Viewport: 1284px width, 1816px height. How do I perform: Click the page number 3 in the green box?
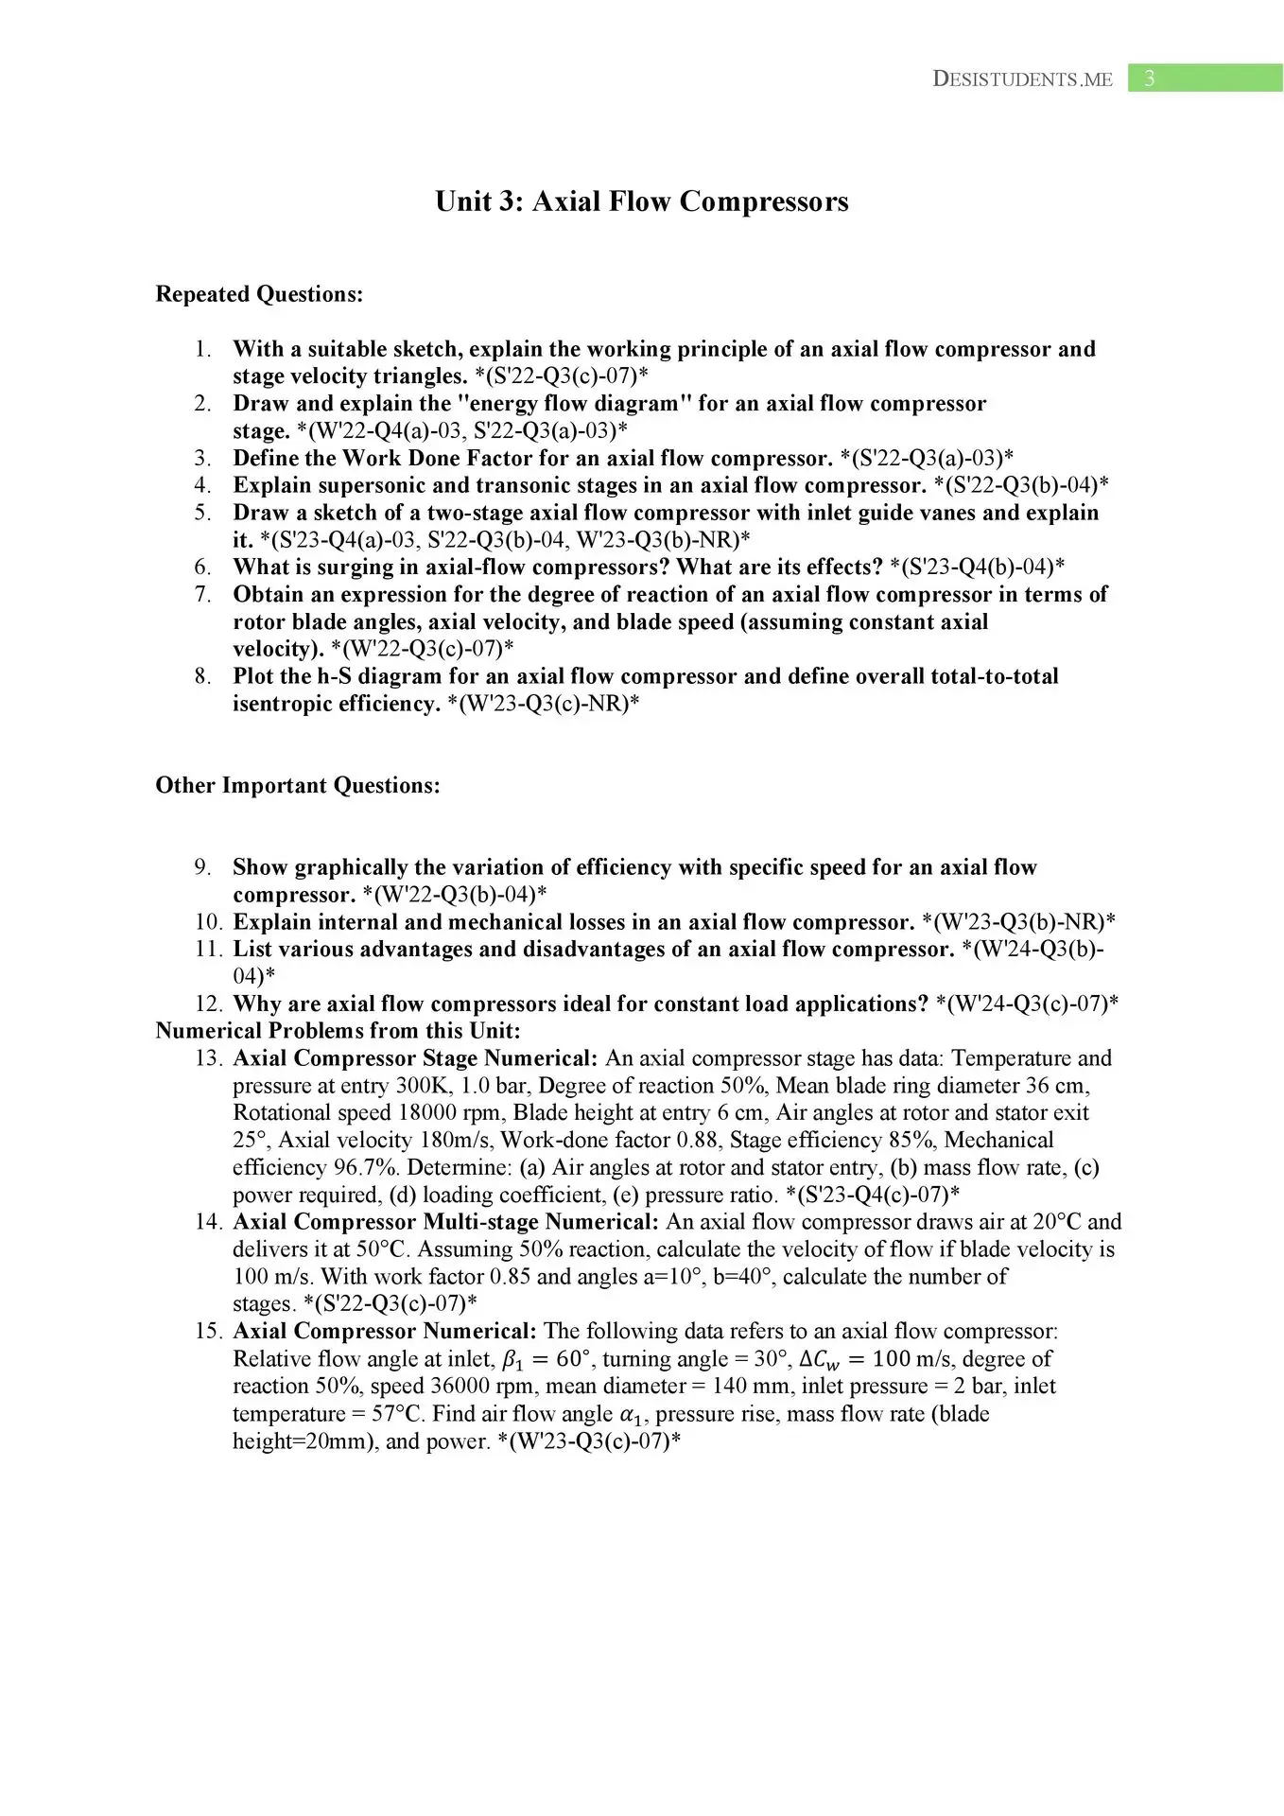(x=1150, y=79)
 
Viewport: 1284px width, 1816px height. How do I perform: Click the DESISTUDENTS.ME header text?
(x=1022, y=79)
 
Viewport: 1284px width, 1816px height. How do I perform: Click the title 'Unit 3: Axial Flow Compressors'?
(x=641, y=201)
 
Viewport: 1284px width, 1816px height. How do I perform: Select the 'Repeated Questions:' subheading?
(x=259, y=294)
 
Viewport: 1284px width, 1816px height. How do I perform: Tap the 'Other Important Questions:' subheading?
(x=298, y=785)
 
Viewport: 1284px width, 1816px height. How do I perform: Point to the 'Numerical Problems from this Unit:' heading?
(x=338, y=1030)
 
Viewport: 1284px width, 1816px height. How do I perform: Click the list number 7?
(x=202, y=594)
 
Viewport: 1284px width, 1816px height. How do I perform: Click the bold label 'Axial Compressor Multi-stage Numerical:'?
(x=445, y=1221)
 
